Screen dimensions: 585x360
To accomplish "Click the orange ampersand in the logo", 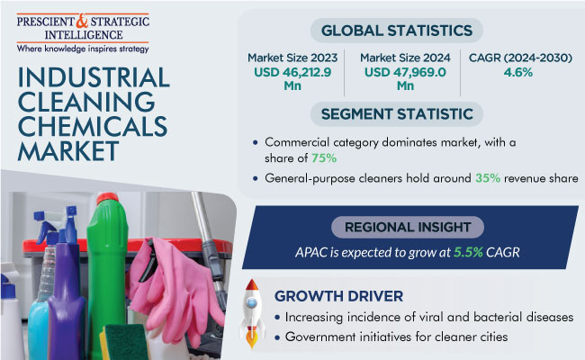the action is point(82,21).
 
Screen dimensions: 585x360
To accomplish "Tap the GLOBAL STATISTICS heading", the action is point(397,31).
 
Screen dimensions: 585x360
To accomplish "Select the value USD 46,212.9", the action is point(292,72).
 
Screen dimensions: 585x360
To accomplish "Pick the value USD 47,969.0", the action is point(405,72).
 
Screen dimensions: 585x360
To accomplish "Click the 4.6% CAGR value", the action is point(518,72).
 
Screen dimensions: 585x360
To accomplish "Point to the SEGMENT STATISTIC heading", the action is point(397,114).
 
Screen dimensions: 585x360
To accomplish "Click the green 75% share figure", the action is point(324,158).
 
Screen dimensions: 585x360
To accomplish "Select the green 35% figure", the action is point(488,178).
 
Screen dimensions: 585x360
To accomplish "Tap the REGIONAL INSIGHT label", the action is point(408,227).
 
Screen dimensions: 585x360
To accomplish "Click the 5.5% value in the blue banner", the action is point(468,253).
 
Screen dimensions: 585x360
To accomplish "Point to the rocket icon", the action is point(252,313).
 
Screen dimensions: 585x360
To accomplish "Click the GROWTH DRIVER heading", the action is point(338,296).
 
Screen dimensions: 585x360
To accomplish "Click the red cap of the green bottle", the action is point(107,199).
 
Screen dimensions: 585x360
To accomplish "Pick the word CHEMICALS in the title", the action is point(93,127).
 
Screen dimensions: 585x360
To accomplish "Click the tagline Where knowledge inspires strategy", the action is point(83,49).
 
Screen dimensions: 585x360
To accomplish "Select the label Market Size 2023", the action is point(292,58).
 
